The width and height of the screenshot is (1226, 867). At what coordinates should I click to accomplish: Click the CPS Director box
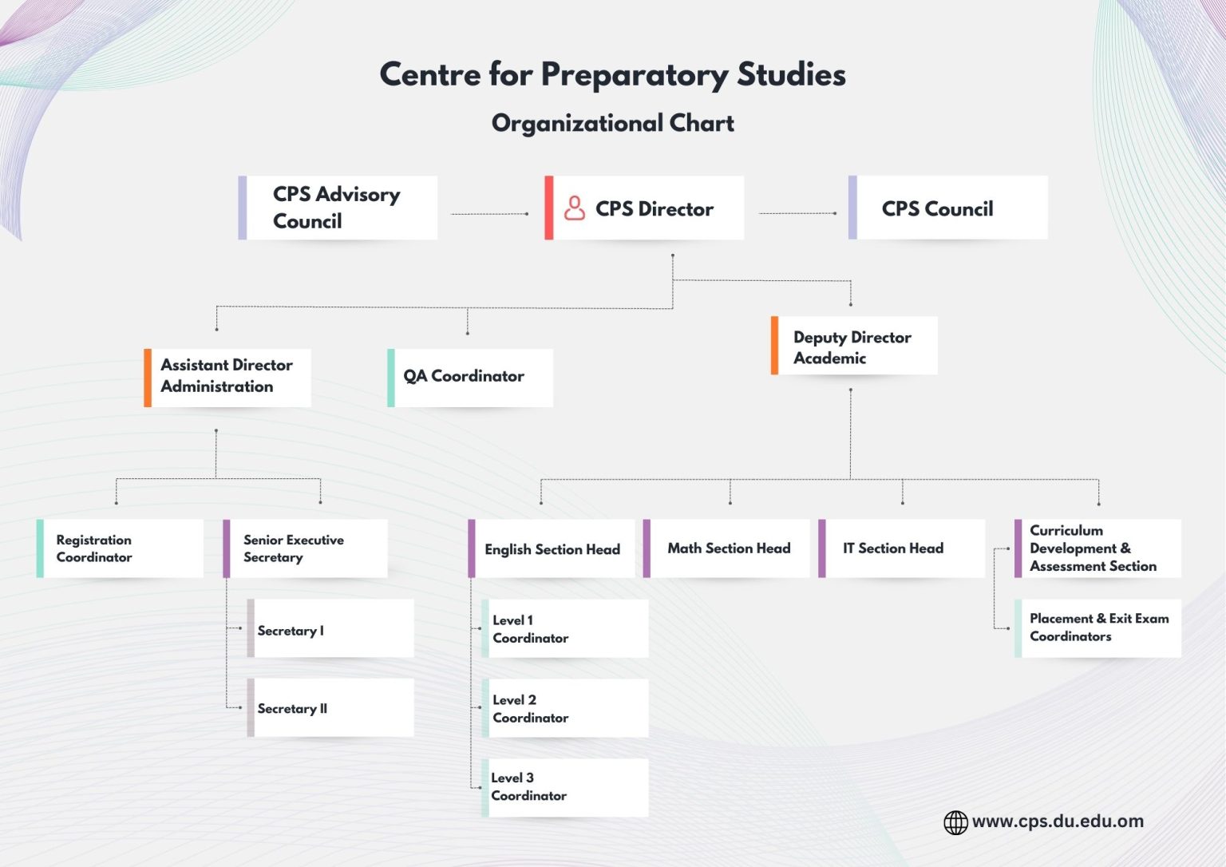645,208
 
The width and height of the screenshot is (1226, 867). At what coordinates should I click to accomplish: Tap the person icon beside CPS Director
575,208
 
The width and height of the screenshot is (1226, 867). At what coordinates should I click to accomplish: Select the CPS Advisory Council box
338,208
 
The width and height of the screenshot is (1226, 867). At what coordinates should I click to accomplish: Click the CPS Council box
948,208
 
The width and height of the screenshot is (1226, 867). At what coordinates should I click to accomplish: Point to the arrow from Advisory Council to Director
488,214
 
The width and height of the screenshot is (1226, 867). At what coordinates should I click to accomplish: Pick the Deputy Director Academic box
854,346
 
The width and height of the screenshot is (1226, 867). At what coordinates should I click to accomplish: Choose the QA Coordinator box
470,377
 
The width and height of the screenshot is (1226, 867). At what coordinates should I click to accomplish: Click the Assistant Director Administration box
227,377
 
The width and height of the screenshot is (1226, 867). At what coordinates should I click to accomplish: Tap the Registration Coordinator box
120,548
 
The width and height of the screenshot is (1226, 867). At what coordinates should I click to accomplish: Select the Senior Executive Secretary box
305,548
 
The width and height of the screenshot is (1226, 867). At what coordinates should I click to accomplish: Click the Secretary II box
330,708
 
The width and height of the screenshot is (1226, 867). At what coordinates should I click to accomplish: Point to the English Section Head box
552,548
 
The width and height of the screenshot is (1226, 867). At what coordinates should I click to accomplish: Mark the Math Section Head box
726,548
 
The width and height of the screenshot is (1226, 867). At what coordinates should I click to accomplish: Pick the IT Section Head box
902,548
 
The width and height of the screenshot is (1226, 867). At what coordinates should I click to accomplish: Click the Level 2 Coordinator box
565,708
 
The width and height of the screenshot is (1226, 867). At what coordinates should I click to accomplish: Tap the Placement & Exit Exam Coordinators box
1098,628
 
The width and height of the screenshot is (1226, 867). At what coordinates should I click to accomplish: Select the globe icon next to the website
955,822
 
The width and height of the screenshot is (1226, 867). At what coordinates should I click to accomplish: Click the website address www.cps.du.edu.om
1058,821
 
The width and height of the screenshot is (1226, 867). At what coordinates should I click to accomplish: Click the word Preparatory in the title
635,75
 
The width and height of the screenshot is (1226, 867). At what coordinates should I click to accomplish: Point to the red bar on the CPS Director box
549,208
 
